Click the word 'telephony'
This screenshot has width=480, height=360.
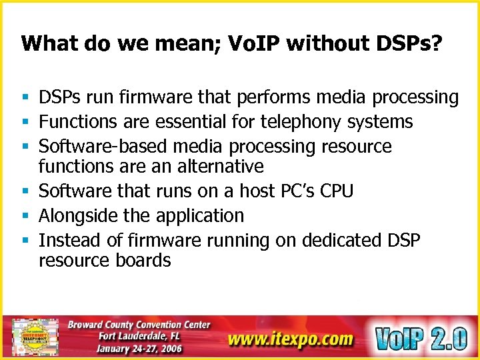[x=302, y=122]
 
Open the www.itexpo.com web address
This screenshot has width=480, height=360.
[x=289, y=339]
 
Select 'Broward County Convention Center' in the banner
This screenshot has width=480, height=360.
[x=139, y=325]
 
